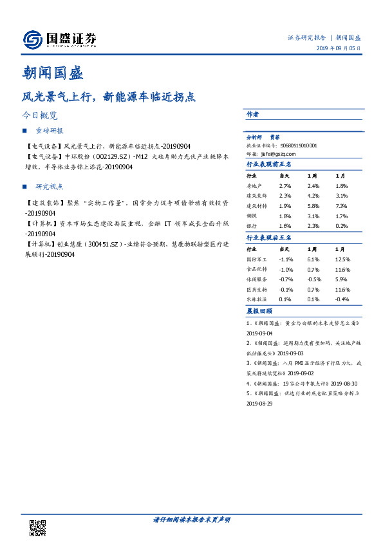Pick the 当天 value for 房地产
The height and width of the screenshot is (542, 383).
(x=285, y=185)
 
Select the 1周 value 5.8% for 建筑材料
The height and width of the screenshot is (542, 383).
(x=313, y=206)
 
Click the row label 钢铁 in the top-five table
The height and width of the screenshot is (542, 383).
(x=252, y=216)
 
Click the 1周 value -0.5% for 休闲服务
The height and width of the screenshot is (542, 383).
(x=313, y=279)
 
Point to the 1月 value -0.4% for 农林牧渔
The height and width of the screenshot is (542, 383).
(x=342, y=299)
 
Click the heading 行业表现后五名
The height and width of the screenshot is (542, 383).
(x=270, y=238)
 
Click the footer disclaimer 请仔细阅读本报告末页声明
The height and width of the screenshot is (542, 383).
(x=191, y=519)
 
